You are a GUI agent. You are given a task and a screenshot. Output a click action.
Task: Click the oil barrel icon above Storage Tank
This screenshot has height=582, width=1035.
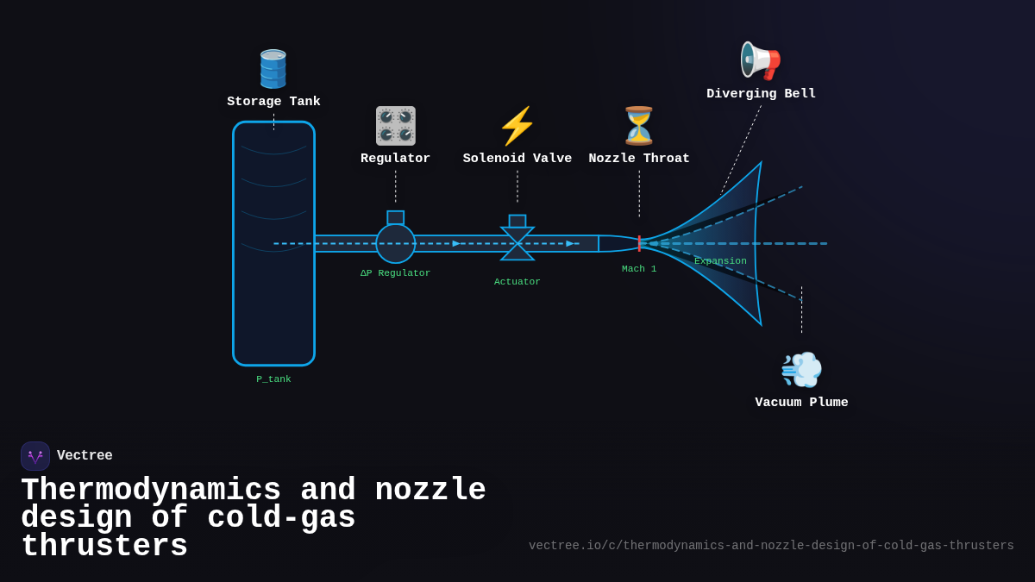[273, 69]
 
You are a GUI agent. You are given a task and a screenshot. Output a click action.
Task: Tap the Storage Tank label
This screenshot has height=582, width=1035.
[273, 102]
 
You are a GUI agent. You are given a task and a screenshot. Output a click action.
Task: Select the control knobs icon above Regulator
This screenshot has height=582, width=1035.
[395, 126]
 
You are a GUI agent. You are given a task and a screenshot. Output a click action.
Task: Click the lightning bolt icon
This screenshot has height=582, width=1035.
[517, 126]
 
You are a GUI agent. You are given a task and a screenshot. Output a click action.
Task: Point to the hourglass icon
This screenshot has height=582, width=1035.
[639, 126]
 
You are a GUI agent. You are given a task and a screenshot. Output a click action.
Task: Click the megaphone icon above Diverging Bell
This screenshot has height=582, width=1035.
[761, 61]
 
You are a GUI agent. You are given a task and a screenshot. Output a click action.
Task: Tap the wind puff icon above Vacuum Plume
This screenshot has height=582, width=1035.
[801, 370]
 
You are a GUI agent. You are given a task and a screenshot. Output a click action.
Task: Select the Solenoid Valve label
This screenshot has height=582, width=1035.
[517, 159]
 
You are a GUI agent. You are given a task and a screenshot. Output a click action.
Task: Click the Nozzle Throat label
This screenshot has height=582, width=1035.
[639, 159]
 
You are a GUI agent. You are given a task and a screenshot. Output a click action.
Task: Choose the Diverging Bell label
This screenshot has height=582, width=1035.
[761, 94]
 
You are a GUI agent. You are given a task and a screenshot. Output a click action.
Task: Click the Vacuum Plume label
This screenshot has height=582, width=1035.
[801, 403]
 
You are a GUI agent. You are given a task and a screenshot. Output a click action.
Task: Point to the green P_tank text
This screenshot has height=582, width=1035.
[273, 379]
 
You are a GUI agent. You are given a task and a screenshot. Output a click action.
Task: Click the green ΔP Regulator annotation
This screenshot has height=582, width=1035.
[395, 273]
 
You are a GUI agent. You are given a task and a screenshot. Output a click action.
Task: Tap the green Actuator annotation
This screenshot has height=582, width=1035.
[517, 282]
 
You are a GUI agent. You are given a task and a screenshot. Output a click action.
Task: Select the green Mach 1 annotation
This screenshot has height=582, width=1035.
[639, 269]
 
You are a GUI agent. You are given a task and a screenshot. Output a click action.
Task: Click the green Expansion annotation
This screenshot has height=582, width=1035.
[720, 261]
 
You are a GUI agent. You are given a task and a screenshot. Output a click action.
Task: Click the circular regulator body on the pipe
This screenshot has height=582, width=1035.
[395, 244]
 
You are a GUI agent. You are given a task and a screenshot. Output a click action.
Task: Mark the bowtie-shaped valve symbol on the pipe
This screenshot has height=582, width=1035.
[517, 243]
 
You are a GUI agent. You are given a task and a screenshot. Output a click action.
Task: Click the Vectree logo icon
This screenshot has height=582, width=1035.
[35, 456]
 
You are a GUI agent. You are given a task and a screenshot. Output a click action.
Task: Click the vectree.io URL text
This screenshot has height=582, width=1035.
[771, 546]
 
